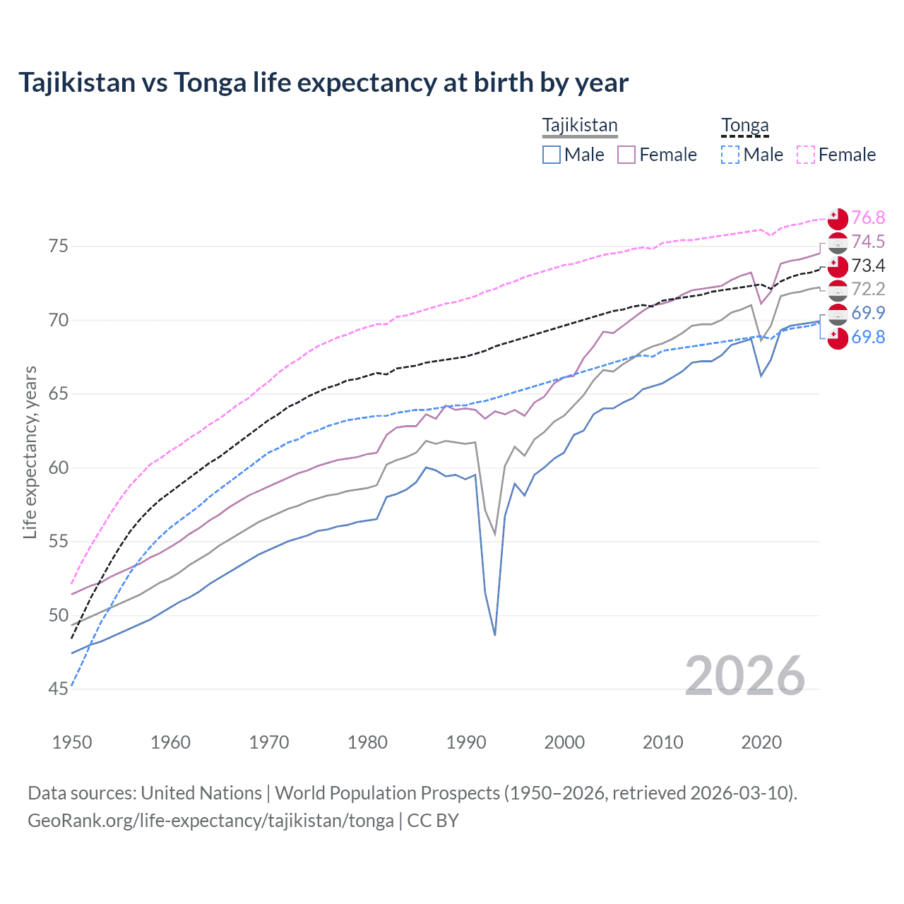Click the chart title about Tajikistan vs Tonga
(323, 83)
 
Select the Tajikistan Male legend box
(552, 155)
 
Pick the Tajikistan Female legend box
(626, 155)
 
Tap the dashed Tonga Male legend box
(730, 155)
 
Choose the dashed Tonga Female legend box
(806, 155)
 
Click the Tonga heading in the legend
(744, 126)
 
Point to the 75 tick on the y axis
(58, 246)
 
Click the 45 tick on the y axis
(58, 689)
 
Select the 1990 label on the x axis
(466, 742)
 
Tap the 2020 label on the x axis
(761, 742)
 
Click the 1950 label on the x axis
(72, 742)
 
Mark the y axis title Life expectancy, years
(30, 452)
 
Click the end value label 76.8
(868, 218)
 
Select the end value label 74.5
(868, 242)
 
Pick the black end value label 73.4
(868, 266)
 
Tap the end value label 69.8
(868, 337)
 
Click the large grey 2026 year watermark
(744, 676)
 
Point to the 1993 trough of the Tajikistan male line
(495, 634)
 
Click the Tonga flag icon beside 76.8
(838, 218)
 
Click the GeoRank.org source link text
(210, 821)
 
